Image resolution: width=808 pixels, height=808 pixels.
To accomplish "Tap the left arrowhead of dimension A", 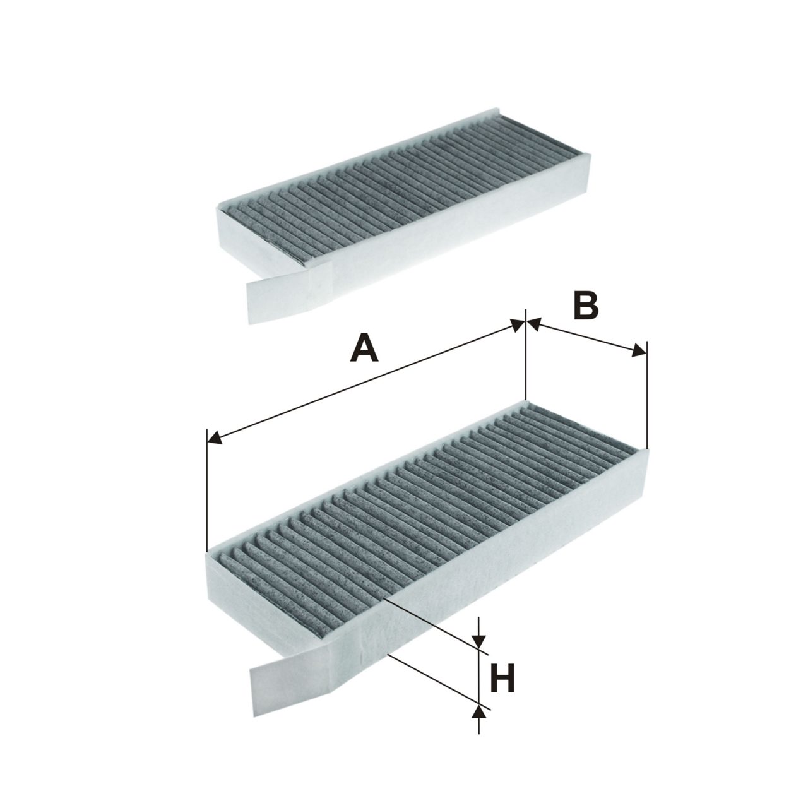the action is tap(215, 438).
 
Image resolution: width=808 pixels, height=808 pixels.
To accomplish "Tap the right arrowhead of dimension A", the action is tap(518, 326).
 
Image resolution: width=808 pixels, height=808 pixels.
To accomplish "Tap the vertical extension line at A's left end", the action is tap(207, 490).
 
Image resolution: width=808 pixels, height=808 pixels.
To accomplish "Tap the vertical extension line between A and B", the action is tap(525, 354).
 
